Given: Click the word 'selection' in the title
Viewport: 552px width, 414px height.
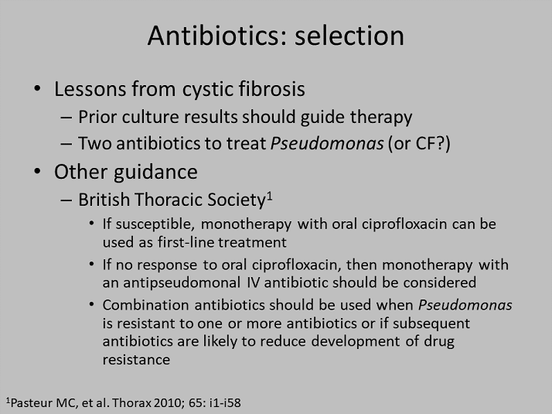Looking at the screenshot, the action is click(x=349, y=36).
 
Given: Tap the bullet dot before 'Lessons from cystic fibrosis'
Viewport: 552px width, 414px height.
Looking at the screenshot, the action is click(x=37, y=88).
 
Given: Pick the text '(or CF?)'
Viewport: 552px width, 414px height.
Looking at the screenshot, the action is click(x=419, y=144).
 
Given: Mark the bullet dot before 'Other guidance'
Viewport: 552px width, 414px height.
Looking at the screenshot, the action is click(x=37, y=171).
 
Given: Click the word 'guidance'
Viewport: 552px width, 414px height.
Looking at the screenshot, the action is click(x=155, y=173).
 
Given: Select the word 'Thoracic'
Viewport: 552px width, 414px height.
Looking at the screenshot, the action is click(x=169, y=200).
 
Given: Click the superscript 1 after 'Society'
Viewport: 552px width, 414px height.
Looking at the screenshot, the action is click(x=270, y=196).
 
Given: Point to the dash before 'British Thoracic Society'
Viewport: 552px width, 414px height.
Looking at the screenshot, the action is click(x=66, y=200).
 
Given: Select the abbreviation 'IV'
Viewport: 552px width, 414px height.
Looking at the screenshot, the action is click(x=253, y=282).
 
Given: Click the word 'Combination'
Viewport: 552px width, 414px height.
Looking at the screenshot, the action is click(x=146, y=305).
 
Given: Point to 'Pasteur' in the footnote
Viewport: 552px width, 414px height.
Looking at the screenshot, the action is click(x=32, y=402).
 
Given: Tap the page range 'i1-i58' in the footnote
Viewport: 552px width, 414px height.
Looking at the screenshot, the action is click(x=225, y=402).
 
